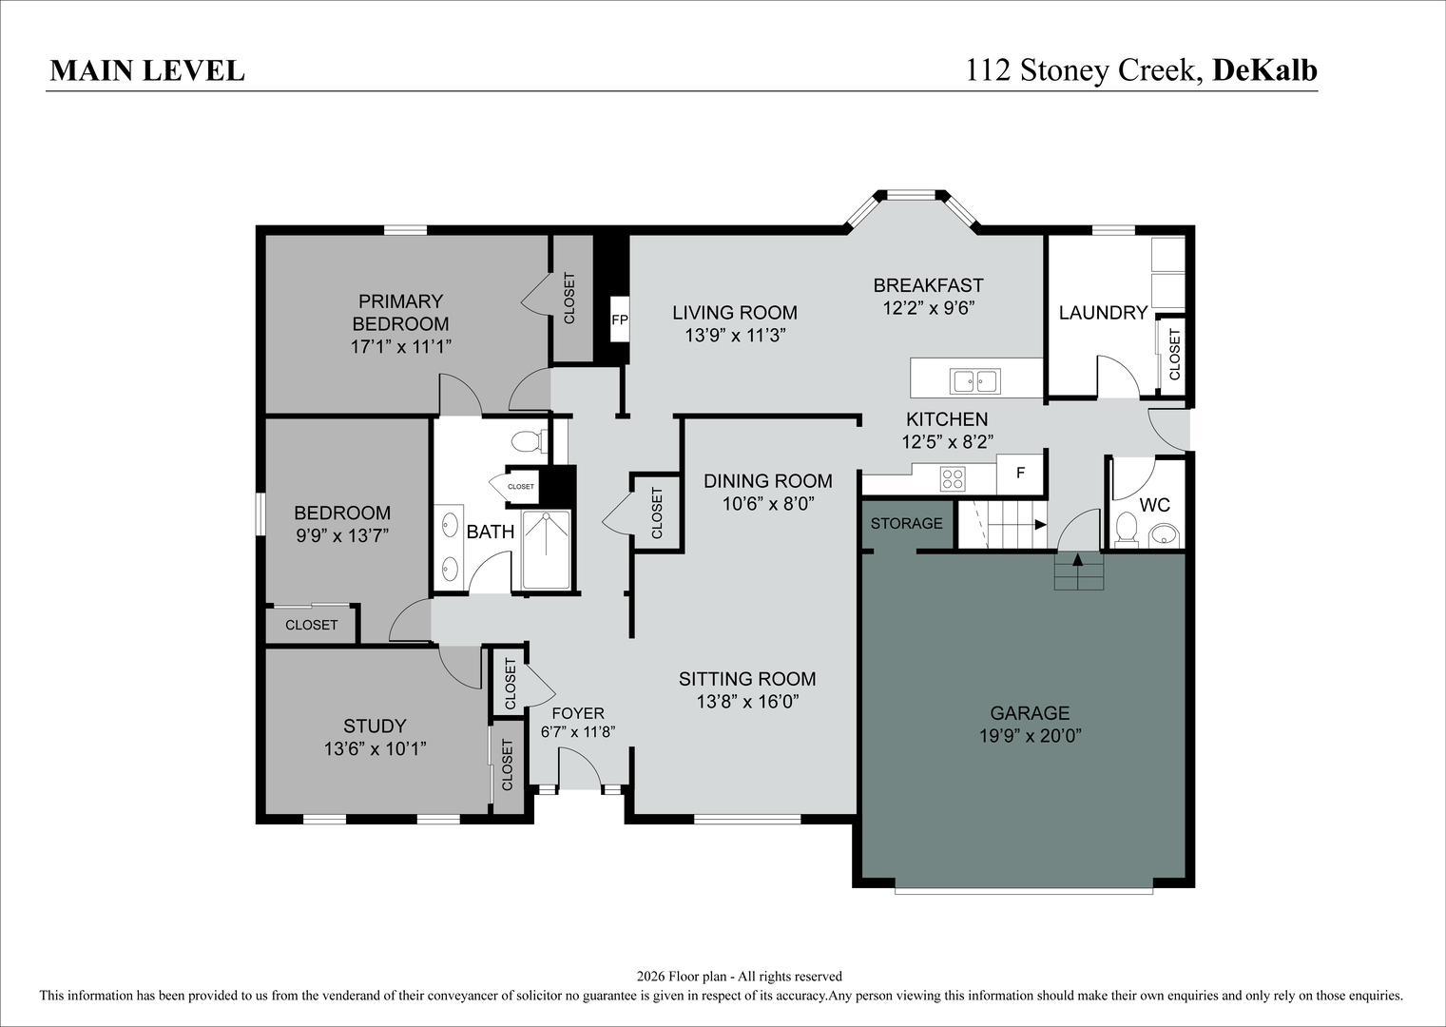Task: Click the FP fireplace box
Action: click(x=620, y=320)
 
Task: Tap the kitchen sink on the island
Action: click(x=974, y=381)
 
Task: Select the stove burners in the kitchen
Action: click(x=953, y=479)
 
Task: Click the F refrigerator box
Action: click(x=1020, y=474)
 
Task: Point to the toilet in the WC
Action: click(x=1127, y=530)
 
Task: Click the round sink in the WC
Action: click(x=1165, y=535)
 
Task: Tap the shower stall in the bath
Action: click(x=546, y=550)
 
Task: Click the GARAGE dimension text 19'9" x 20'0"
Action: click(x=1031, y=736)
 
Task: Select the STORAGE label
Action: click(x=906, y=524)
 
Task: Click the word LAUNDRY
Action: click(x=1103, y=313)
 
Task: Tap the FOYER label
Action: click(x=578, y=713)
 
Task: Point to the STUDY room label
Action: click(x=375, y=727)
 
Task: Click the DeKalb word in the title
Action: click(x=1265, y=70)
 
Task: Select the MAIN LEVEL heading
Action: click(x=147, y=71)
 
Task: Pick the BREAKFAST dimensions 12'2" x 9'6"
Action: click(x=928, y=308)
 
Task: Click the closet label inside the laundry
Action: click(x=1174, y=355)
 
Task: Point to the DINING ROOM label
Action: click(x=767, y=481)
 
